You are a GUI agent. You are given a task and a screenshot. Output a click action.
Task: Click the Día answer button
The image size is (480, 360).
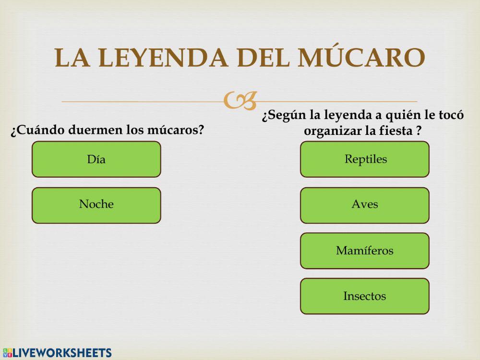(x=96, y=159)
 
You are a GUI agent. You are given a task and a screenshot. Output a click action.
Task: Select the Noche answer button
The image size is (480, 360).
(x=96, y=205)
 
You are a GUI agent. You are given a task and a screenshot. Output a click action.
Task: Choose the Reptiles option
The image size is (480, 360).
(x=365, y=159)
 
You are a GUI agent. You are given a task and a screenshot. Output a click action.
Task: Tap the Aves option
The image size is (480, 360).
(x=365, y=205)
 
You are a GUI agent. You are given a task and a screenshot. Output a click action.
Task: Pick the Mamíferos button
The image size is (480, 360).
(x=365, y=251)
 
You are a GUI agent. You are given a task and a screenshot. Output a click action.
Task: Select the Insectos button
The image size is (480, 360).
(x=365, y=296)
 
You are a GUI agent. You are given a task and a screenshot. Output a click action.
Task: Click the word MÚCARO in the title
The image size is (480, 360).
(x=361, y=58)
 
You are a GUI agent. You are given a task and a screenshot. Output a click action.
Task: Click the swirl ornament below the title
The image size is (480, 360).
(x=240, y=100)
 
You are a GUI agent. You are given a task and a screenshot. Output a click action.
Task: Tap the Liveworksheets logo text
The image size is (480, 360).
(x=62, y=353)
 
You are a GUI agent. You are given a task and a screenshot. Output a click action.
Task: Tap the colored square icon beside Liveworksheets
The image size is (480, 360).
(x=7, y=353)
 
